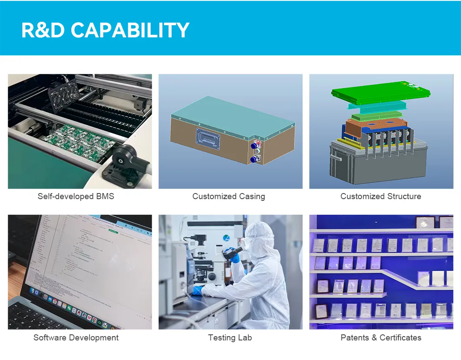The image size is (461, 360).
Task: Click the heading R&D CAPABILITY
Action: (105, 30)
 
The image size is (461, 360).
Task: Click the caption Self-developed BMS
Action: (76, 196)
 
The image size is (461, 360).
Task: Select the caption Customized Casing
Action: (228, 196)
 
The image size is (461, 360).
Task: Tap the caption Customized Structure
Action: (381, 196)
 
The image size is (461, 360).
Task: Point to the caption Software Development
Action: (76, 337)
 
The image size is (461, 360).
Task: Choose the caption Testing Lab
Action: (230, 337)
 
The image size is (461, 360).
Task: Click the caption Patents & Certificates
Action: (381, 337)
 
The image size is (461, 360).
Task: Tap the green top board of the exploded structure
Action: (381, 91)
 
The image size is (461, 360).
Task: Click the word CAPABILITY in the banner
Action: (130, 30)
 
